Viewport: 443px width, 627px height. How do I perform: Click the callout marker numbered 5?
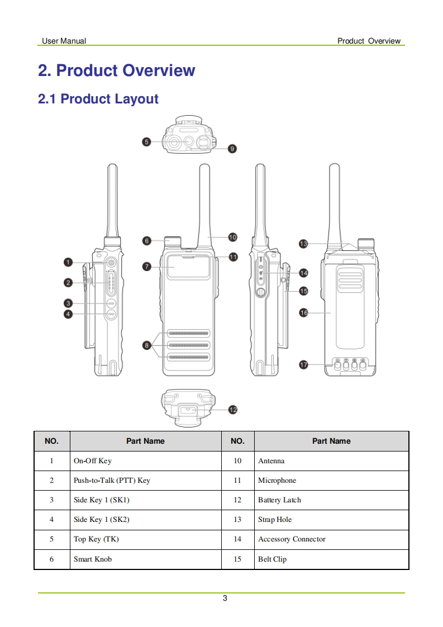coord(146,142)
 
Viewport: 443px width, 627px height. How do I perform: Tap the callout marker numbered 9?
coord(232,149)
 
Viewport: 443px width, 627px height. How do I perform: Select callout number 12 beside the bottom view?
coord(233,410)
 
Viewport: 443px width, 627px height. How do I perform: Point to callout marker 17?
coord(304,365)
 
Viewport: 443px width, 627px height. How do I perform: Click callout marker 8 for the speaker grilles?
coord(147,345)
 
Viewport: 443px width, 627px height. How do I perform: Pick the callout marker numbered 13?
coord(303,244)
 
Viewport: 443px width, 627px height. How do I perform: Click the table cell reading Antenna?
coord(271,461)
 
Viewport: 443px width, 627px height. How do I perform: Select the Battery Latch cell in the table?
coord(279,500)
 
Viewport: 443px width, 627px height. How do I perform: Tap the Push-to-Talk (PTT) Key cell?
coord(112,481)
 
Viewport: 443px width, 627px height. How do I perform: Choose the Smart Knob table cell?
coord(93,559)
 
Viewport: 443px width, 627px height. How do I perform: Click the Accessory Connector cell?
coord(292,539)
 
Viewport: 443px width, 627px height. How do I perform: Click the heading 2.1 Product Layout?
coord(98,99)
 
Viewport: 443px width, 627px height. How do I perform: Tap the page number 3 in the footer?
coord(225,598)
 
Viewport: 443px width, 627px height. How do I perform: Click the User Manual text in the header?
coord(64,41)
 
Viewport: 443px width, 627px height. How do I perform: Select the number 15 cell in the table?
coord(237,559)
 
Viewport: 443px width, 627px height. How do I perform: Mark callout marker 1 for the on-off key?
coord(68,262)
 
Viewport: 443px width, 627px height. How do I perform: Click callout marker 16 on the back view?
coord(304,313)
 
